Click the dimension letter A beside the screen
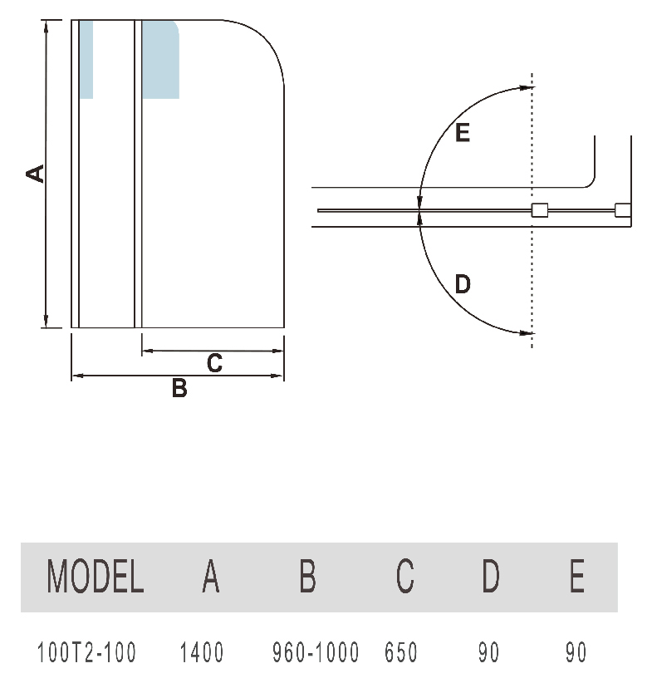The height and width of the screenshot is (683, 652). pos(35,174)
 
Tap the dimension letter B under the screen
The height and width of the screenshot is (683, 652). pos(179,388)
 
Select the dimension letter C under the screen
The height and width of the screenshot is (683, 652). pos(215,363)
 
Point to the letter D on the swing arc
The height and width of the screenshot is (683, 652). pos(463,284)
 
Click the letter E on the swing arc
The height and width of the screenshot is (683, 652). pos(463,132)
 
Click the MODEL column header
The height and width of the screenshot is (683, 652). pos(96,576)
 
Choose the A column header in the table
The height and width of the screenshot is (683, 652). pos(211,576)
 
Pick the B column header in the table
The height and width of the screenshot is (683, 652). pos(307,576)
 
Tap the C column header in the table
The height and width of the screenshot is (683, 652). pos(405,576)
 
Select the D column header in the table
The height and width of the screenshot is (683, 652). pos(490,576)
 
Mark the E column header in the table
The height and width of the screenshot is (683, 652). pos(577,576)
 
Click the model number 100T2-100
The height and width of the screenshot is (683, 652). pos(87,652)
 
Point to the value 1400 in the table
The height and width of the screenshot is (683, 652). pos(202,652)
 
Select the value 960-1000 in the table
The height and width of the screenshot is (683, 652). pos(316,652)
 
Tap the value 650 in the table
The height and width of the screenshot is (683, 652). pos(401,652)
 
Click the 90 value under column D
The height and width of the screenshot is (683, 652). pos(488,652)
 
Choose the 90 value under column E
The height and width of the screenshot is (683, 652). pos(576,652)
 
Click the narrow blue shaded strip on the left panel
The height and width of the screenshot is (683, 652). pos(86,60)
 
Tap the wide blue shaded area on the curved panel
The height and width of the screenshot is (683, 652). pos(160,60)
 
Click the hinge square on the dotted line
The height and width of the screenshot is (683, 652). pos(540,210)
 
